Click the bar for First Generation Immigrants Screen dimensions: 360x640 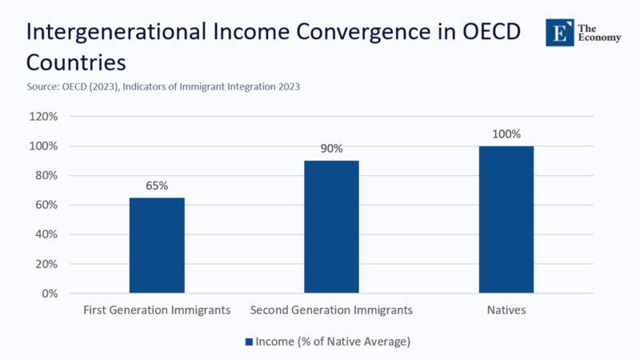coord(157,245)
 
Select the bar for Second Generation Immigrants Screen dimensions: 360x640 coord(331,226)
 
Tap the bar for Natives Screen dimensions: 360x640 coord(506,219)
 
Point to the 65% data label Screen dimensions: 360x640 coord(157,186)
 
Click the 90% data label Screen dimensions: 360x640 coord(331,149)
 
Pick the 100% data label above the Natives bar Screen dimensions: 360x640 coord(506,134)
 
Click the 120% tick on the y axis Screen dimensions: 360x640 coord(43,117)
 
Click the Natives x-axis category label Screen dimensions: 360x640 coord(506,310)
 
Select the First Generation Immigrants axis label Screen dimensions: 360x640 coord(157,310)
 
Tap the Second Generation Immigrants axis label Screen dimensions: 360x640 coord(331,310)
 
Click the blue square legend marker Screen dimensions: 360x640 coord(249,342)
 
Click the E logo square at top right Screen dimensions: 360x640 coord(560,31)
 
